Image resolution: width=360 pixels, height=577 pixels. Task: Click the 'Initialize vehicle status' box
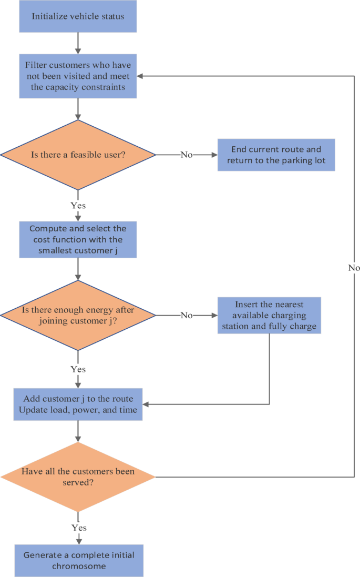click(x=78, y=16)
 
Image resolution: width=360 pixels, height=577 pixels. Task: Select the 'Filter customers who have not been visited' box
click(x=78, y=76)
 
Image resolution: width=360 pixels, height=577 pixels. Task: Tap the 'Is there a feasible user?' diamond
click(x=78, y=155)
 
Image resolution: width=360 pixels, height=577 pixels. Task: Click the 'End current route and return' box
click(x=276, y=155)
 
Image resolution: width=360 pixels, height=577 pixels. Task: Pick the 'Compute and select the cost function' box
click(x=78, y=239)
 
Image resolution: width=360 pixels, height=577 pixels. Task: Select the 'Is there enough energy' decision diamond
click(x=78, y=315)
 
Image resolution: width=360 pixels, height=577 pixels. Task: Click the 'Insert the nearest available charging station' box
click(x=269, y=315)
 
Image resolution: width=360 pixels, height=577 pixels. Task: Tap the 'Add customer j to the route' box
click(x=78, y=404)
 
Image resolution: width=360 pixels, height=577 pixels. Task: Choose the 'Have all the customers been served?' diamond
click(x=78, y=477)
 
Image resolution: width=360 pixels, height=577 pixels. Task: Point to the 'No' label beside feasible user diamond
click(x=187, y=155)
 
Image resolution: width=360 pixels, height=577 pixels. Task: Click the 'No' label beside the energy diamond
click(x=187, y=315)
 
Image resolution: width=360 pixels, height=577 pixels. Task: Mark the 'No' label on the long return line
click(x=354, y=268)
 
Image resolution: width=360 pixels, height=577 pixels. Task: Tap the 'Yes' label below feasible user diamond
click(x=78, y=205)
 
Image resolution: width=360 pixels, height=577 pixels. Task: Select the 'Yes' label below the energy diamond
click(x=78, y=369)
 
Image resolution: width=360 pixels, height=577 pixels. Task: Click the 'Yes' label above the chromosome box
click(x=78, y=528)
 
